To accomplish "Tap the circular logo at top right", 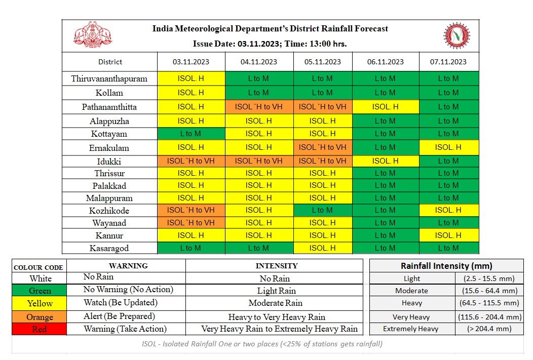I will coord(456,36).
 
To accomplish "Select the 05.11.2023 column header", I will coord(323,62).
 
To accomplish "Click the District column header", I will coord(110,62).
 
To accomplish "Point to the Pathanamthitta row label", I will coord(109,107).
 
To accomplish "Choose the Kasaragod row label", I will coord(109,248).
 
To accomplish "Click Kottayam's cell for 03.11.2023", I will coord(191,134).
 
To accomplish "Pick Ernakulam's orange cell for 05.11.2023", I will coord(323,148).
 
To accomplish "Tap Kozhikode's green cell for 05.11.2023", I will coord(323,210).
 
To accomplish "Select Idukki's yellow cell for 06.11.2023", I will coord(386,161).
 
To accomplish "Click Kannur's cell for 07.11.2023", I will coord(448,235).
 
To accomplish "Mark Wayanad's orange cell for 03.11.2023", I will coord(191,223).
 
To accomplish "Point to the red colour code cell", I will coord(40,329).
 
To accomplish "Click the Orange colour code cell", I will coord(40,317).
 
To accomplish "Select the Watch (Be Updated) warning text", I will coord(121,303).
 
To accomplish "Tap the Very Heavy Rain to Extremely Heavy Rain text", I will coord(279,329).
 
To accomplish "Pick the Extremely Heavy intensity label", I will coord(411,329).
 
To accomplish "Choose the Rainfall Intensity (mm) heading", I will coord(446,266).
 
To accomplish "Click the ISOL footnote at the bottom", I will coord(262,344).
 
